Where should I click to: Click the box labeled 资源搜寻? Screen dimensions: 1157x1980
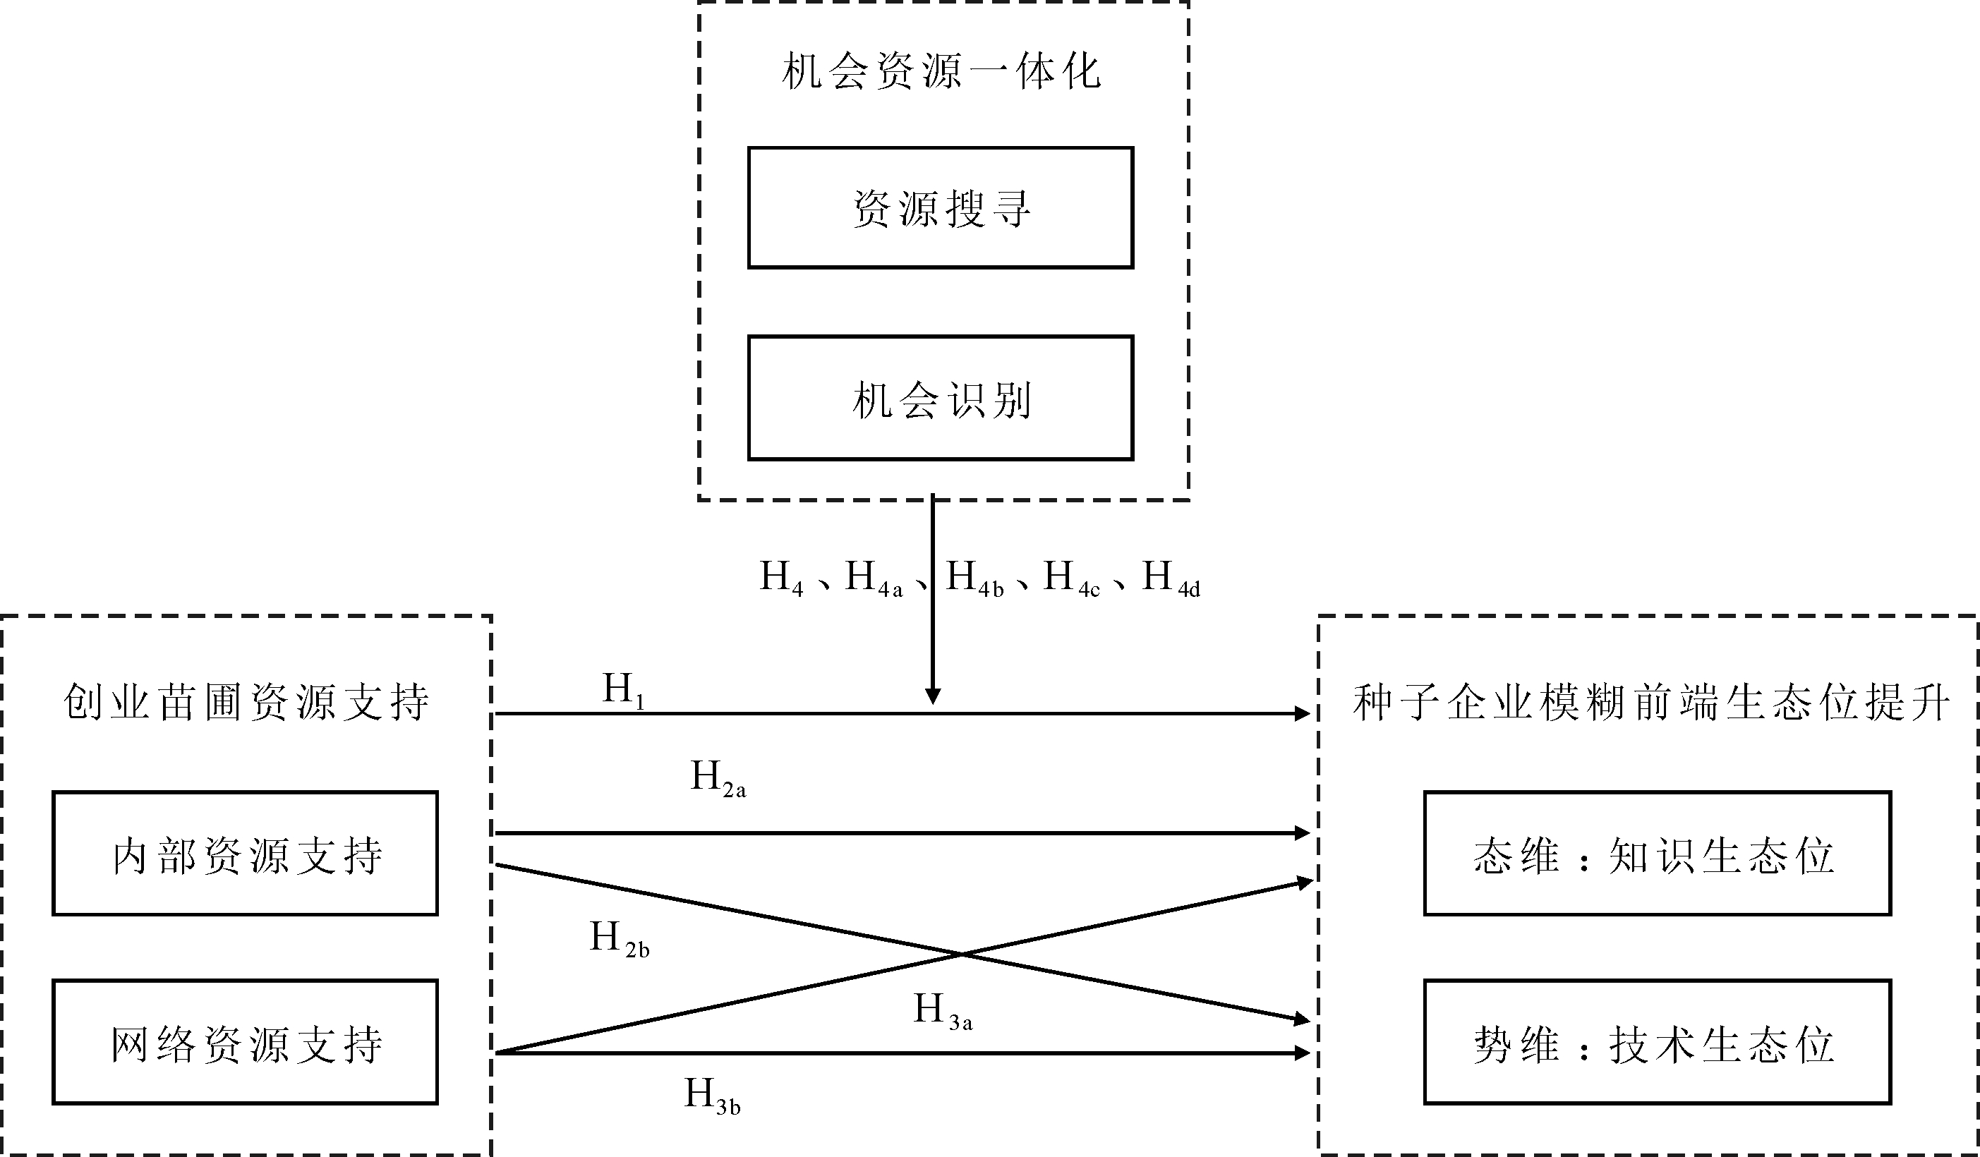click(x=941, y=208)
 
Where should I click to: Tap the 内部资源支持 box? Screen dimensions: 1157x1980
click(x=245, y=854)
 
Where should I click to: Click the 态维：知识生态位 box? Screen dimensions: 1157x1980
click(x=1657, y=854)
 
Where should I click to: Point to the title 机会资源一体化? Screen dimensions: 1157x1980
click(x=941, y=71)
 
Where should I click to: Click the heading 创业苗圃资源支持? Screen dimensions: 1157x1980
click(x=246, y=701)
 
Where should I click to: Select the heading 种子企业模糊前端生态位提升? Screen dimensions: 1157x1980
click(x=1650, y=701)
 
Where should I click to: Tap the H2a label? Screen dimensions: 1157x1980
click(x=718, y=778)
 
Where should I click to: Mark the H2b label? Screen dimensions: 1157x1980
click(x=619, y=938)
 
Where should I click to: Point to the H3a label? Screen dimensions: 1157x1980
click(x=942, y=1011)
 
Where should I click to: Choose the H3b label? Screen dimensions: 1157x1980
click(x=712, y=1095)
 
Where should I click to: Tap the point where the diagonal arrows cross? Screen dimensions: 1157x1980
click(x=962, y=955)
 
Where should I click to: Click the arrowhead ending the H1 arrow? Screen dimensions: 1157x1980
click(x=1302, y=713)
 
